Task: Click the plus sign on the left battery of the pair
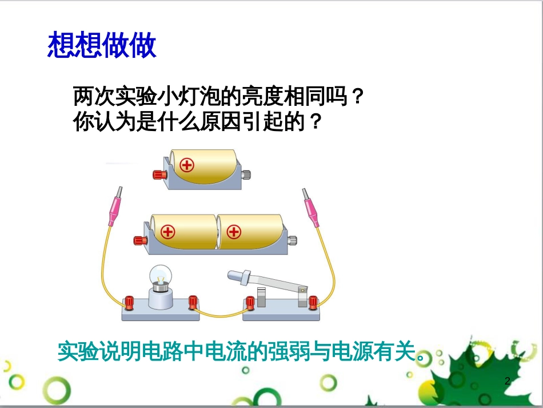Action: pyautogui.click(x=167, y=232)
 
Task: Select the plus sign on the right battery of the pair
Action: pyautogui.click(x=233, y=232)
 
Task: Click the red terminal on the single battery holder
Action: pyautogui.click(x=157, y=175)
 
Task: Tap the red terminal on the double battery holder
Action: pyautogui.click(x=138, y=240)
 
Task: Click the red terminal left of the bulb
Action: pyautogui.click(x=129, y=301)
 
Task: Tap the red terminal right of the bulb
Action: pyautogui.click(x=193, y=301)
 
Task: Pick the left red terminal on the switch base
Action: pyautogui.click(x=250, y=302)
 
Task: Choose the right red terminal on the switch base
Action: pyautogui.click(x=313, y=302)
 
